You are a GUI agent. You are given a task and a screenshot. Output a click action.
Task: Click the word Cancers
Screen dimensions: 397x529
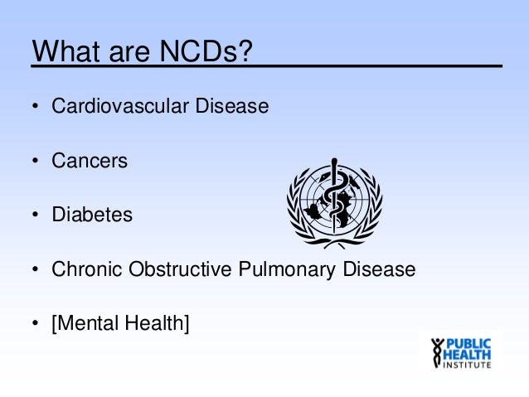(x=90, y=161)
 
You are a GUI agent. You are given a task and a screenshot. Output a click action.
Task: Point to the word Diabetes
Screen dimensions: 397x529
(x=92, y=215)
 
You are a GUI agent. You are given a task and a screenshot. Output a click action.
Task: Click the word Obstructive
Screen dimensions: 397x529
(x=170, y=269)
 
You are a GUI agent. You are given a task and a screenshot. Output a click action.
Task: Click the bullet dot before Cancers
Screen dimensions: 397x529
(x=36, y=162)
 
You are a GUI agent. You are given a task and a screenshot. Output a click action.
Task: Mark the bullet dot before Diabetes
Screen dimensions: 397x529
(x=36, y=215)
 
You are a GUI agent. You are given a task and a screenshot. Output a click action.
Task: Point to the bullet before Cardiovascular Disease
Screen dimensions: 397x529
(x=36, y=108)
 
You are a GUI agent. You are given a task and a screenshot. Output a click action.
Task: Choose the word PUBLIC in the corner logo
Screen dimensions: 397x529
(x=469, y=344)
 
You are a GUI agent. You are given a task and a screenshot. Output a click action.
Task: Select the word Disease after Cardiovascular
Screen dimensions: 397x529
(x=233, y=107)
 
